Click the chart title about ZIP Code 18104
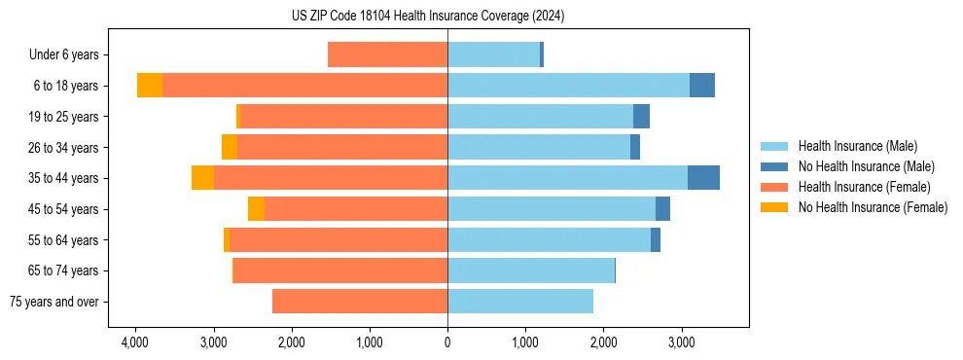click(x=427, y=16)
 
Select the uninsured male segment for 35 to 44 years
click(x=703, y=178)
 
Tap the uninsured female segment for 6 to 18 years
click(x=150, y=86)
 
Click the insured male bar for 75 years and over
click(x=520, y=302)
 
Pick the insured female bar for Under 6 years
click(x=387, y=54)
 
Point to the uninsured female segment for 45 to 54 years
click(x=256, y=209)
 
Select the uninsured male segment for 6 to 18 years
click(x=702, y=86)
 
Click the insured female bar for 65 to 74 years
click(x=340, y=270)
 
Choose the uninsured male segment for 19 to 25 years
click(x=641, y=117)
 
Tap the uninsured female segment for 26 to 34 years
click(x=230, y=147)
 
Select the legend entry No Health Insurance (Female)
click(x=873, y=207)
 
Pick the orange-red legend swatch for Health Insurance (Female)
click(x=775, y=187)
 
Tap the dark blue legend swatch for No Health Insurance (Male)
click(x=775, y=167)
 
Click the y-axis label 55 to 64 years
click(x=65, y=240)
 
